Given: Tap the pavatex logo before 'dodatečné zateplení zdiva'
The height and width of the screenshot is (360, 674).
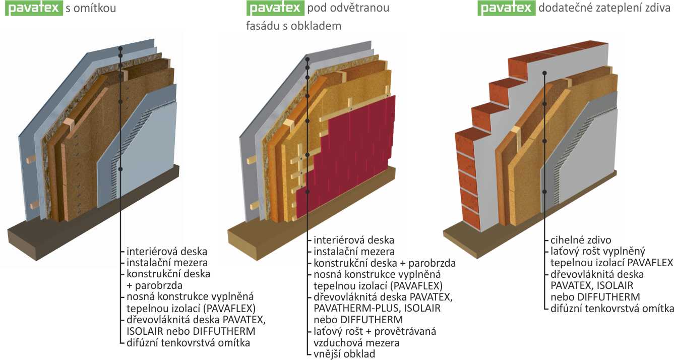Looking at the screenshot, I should (x=506, y=8).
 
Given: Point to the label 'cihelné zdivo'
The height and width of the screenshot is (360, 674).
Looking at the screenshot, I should (x=580, y=241).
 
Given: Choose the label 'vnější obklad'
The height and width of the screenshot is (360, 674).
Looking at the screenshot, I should (x=344, y=354).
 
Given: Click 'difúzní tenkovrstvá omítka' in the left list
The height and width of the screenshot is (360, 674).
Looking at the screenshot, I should (x=188, y=343).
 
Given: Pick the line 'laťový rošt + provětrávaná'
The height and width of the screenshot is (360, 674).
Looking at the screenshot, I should (x=375, y=331).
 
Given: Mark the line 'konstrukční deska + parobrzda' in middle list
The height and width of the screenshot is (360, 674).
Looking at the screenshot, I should (x=385, y=263).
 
